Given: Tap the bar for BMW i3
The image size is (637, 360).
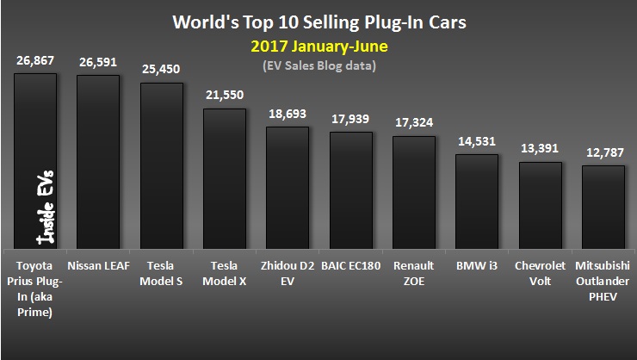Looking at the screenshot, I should pos(476,202).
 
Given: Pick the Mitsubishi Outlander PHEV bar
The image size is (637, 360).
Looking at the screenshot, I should pos(603,207).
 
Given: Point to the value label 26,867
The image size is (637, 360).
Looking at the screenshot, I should pos(36,61).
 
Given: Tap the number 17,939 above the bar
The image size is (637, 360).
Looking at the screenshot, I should pos(350,119).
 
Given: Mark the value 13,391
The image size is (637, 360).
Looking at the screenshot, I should pos(540,148).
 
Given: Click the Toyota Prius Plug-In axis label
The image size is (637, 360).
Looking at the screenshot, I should pos(36,287).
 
